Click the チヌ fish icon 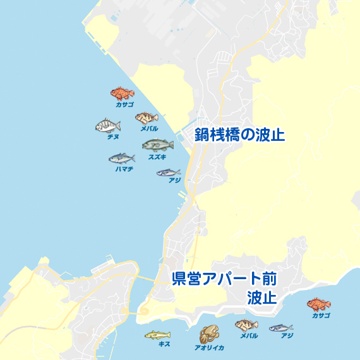(x=107, y=126)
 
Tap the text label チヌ (x=114, y=136)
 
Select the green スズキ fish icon (x=157, y=145)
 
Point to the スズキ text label (x=157, y=157)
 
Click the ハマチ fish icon (x=121, y=158)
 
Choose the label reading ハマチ (x=124, y=169)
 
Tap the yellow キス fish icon (x=157, y=335)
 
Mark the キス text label (x=165, y=344)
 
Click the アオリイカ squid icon (x=208, y=333)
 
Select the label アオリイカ (x=208, y=347)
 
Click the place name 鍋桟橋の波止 (x=239, y=135)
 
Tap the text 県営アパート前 (x=225, y=279)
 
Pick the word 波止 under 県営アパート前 (x=261, y=297)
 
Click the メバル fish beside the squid (x=246, y=325)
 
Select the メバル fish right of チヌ (x=146, y=118)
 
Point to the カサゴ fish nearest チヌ (x=122, y=94)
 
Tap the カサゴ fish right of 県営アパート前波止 (x=319, y=305)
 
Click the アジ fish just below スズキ (x=168, y=172)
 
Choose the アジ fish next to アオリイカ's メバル (x=280, y=328)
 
